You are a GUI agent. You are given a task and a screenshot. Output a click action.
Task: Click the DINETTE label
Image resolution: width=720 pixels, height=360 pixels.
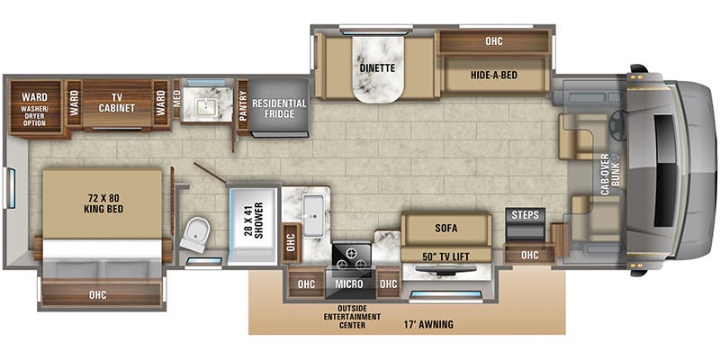click(377, 40)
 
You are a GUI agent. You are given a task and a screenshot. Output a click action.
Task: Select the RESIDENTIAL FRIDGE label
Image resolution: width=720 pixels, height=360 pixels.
click(279, 109)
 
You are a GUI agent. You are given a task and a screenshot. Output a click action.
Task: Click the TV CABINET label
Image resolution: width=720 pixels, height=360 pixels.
click(117, 102)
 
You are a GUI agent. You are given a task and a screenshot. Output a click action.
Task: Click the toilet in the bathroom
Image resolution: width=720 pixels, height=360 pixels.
click(193, 236)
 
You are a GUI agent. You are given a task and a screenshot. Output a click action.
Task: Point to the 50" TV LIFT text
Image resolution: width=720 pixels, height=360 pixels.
click(445, 256)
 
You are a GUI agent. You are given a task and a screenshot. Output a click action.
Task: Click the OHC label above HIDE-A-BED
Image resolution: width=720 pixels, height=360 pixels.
click(493, 40)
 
